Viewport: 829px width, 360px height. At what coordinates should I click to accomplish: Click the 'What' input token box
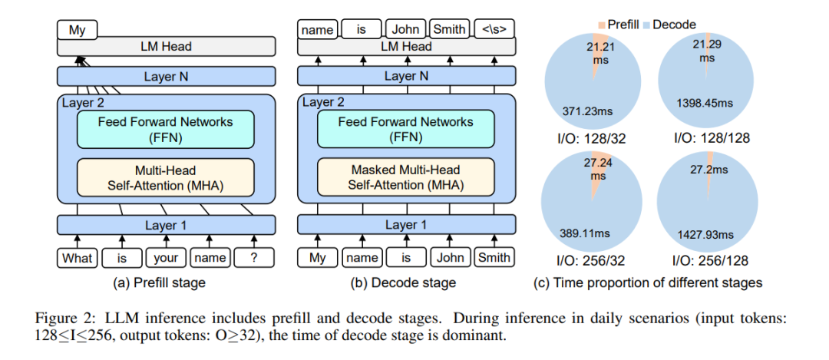pos(77,258)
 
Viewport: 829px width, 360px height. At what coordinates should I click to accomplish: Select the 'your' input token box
pos(166,258)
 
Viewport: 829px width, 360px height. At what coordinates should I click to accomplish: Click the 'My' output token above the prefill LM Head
pos(78,30)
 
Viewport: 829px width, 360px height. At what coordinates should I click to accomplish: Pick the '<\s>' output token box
pos(494,30)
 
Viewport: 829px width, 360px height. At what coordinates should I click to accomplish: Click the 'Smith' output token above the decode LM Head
pos(450,30)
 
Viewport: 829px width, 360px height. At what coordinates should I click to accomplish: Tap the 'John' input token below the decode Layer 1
pos(450,257)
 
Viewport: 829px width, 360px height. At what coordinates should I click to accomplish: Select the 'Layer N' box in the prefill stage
pos(166,77)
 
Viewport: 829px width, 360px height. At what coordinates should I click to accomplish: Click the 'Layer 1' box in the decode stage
pos(407,225)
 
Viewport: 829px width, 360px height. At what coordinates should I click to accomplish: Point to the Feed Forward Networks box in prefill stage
pos(166,129)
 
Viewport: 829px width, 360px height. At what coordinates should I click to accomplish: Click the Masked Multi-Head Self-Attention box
pos(406,177)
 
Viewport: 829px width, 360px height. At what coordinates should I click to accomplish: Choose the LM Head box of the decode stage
pos(407,46)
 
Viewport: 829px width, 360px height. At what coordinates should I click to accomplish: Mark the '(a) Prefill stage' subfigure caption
pos(159,283)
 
